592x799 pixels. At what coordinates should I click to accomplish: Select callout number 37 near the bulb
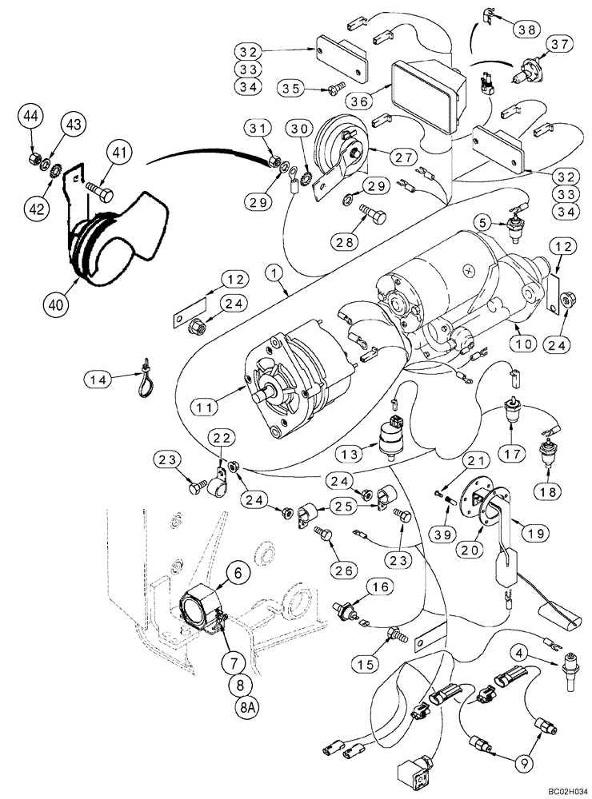(x=558, y=43)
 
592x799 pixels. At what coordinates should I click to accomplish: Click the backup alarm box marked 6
(x=203, y=604)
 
